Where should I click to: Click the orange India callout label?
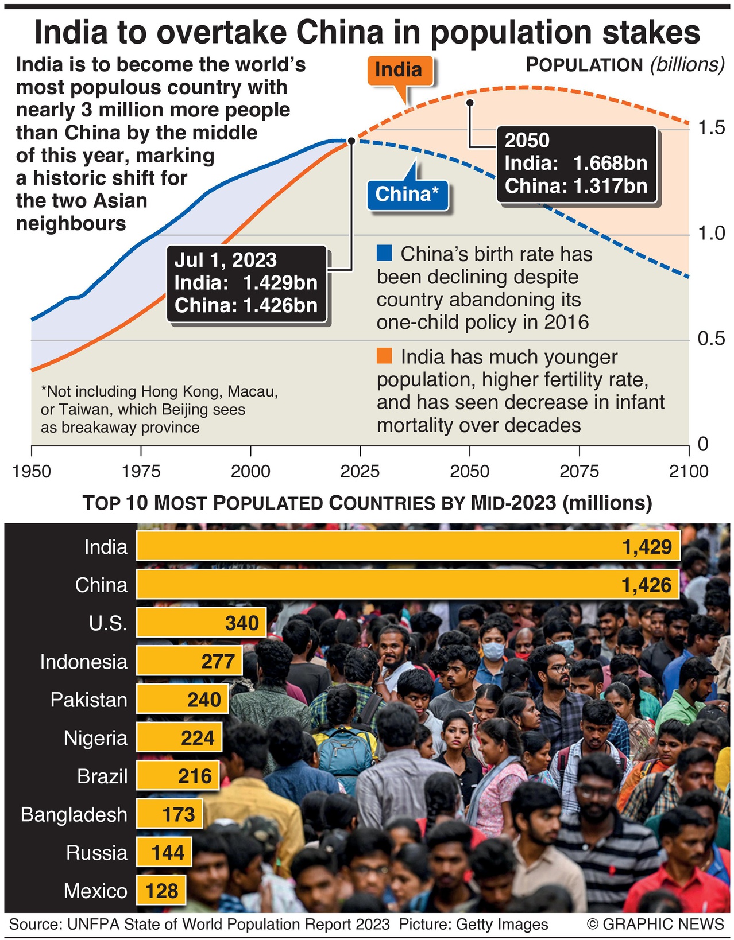399,70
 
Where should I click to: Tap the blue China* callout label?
407,194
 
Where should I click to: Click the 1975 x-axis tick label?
141,472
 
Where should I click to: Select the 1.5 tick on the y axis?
711,127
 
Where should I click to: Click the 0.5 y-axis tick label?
711,339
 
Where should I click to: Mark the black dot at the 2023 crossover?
351,141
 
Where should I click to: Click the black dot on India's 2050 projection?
470,103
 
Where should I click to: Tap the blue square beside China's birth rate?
384,253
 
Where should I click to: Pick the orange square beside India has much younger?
384,356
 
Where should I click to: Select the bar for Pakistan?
183,700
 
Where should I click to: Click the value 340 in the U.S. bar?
242,623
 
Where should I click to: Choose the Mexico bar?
161,891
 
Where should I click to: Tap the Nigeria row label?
95,738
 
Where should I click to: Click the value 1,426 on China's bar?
646,585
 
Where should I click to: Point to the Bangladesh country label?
74,814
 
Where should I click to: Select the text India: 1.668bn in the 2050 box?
575,164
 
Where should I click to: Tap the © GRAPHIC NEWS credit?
655,924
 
